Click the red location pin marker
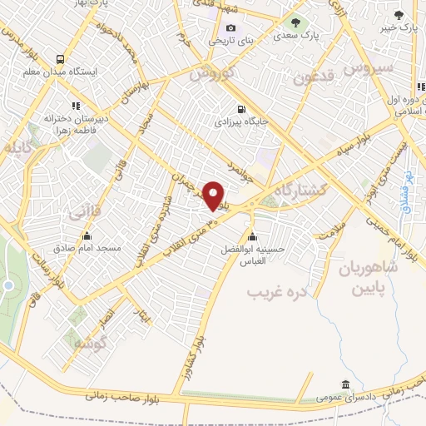click(214, 196)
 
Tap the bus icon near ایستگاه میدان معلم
click(59, 59)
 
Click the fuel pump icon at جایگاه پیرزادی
click(241, 109)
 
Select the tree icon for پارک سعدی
click(294, 22)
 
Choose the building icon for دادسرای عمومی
click(344, 384)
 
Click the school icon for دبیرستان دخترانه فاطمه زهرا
click(76, 106)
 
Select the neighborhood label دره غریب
click(280, 293)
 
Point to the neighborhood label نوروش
click(213, 74)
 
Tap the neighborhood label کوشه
click(89, 344)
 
